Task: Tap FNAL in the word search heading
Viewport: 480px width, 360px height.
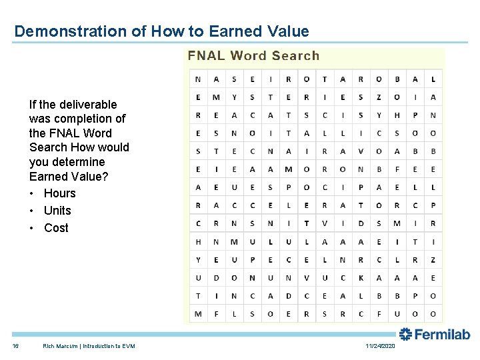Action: (x=206, y=56)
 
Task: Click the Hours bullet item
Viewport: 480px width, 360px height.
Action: (x=59, y=193)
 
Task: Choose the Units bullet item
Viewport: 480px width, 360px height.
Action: (x=57, y=211)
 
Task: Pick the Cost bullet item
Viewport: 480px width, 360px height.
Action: (x=56, y=228)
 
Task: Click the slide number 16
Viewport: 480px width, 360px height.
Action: (x=15, y=346)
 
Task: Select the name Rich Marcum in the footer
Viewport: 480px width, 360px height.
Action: (x=58, y=346)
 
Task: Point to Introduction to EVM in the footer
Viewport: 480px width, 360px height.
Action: (x=106, y=346)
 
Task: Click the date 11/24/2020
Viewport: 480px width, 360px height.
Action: (x=380, y=346)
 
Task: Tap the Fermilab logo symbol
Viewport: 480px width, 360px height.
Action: (x=405, y=334)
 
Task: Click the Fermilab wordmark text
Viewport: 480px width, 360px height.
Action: (x=443, y=335)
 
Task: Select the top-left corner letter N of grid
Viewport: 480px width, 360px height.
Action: (x=198, y=79)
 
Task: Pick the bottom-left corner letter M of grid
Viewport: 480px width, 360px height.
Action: (x=198, y=314)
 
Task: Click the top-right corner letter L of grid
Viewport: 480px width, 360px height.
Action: (x=433, y=79)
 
